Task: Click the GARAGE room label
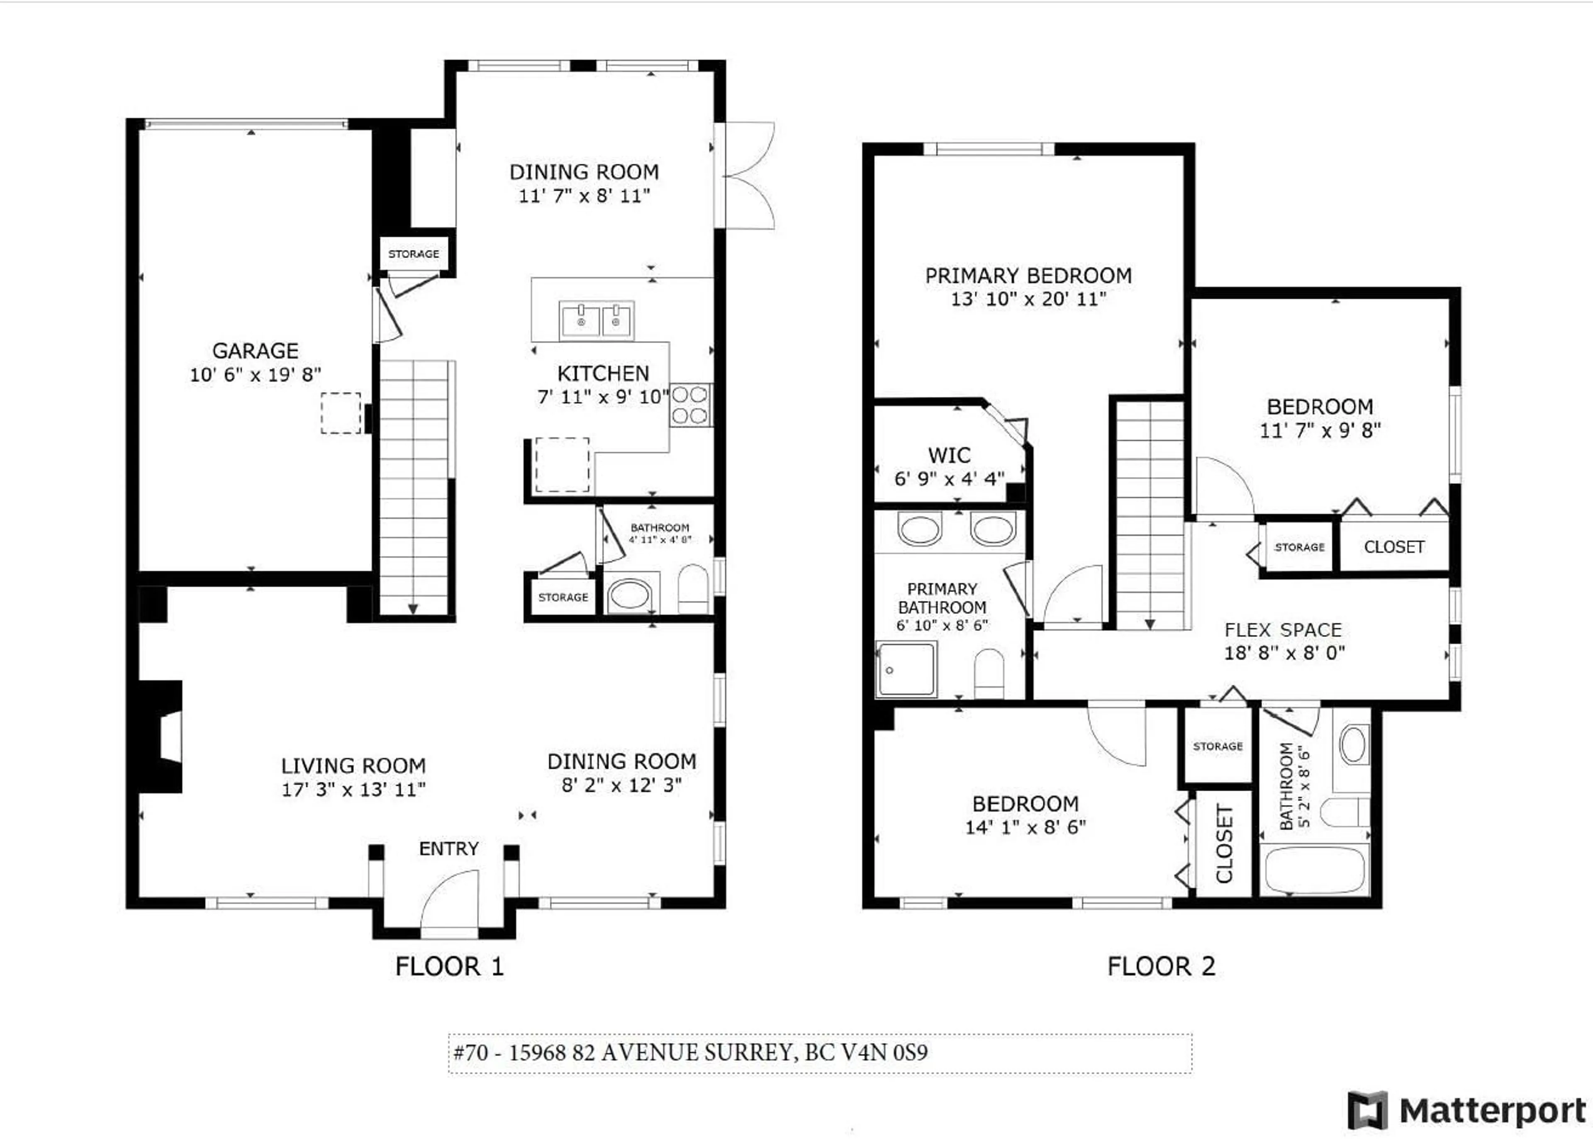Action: coord(255,351)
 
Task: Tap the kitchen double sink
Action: coord(597,320)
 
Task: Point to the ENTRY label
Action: coord(449,849)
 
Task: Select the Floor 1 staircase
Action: coord(414,488)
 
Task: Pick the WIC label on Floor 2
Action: coord(949,455)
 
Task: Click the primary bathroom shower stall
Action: coord(906,669)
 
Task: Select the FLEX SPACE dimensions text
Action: coord(1284,653)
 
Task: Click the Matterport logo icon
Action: coord(1367,1111)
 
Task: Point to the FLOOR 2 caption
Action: coord(1161,966)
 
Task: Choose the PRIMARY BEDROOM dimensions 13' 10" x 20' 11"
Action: coord(1028,299)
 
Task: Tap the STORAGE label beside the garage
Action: coord(414,254)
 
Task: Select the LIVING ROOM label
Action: coord(353,766)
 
